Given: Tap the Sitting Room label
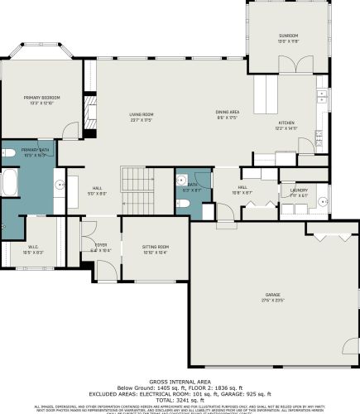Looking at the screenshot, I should [x=156, y=247].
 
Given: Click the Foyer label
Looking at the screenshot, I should [x=100, y=245].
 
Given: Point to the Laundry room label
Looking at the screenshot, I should [x=298, y=190].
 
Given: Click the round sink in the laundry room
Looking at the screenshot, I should [x=289, y=208].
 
